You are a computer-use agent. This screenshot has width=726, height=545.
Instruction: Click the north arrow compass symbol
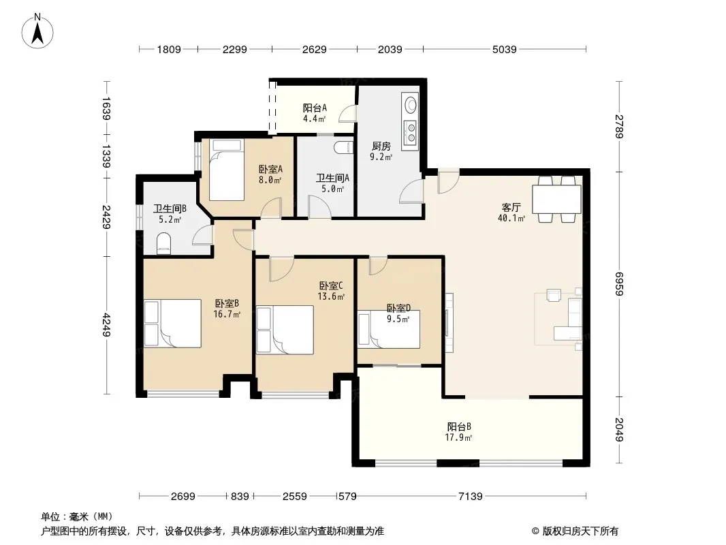pyautogui.click(x=37, y=31)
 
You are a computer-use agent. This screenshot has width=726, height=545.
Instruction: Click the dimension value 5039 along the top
pyautogui.click(x=504, y=49)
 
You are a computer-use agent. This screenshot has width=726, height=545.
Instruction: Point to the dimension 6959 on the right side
pyautogui.click(x=620, y=283)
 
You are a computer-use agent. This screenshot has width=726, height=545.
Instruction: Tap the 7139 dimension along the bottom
pyautogui.click(x=471, y=497)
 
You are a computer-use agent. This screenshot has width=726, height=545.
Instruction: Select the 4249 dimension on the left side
pyautogui.click(x=106, y=325)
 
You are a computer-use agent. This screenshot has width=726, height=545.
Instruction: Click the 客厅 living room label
pyautogui.click(x=511, y=207)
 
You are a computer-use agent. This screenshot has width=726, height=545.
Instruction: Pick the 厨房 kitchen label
pyautogui.click(x=381, y=146)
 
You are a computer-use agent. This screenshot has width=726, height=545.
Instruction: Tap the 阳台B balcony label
pyautogui.click(x=459, y=426)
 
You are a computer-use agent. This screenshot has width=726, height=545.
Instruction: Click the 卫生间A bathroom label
pyautogui.click(x=332, y=178)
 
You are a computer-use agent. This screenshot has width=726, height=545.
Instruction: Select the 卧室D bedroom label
pyautogui.click(x=398, y=308)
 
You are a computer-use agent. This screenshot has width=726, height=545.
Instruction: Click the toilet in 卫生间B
pyautogui.click(x=164, y=244)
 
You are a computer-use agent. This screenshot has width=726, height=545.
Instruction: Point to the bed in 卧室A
pyautogui.click(x=226, y=170)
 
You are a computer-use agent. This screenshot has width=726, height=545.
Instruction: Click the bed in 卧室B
pyautogui.click(x=172, y=323)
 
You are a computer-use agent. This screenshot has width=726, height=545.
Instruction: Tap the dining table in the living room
pyautogui.click(x=556, y=199)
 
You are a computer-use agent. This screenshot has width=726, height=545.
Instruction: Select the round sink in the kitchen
pyautogui.click(x=411, y=105)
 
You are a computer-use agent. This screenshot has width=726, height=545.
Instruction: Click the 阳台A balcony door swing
pyautogui.click(x=348, y=114)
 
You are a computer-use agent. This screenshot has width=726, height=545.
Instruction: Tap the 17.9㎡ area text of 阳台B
pyautogui.click(x=458, y=437)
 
